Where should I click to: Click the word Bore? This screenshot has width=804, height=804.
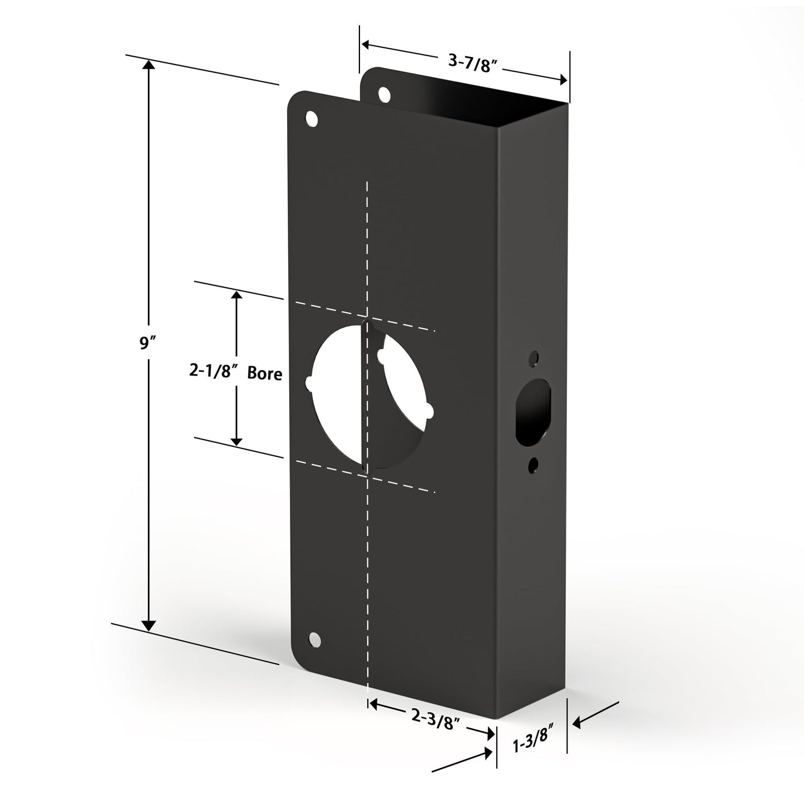[x=264, y=373]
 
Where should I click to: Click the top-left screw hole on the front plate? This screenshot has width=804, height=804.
[x=312, y=119]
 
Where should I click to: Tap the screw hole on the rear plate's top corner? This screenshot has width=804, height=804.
[x=384, y=94]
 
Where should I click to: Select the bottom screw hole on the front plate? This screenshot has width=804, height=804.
[x=315, y=640]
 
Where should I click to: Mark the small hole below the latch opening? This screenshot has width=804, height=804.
[x=534, y=462]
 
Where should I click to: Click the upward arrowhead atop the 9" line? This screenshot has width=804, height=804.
[x=149, y=66]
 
